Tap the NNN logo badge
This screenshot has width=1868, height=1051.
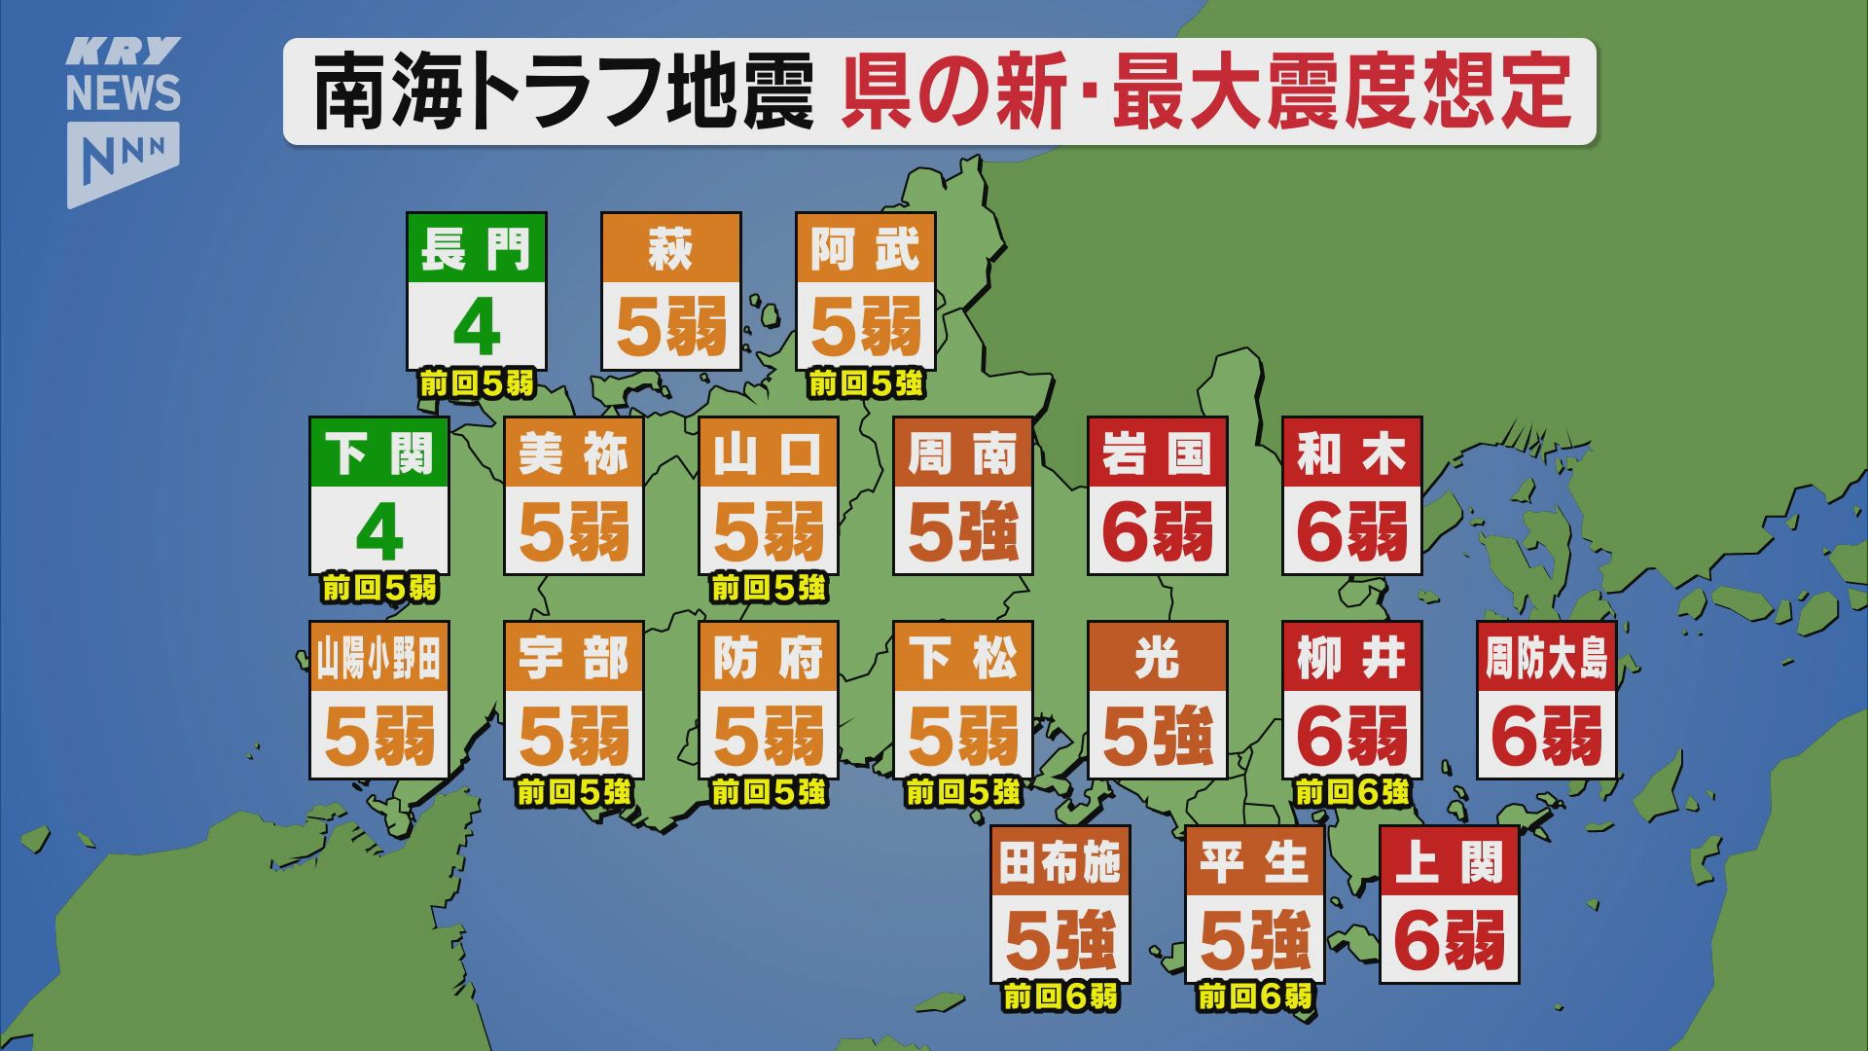pos(124,160)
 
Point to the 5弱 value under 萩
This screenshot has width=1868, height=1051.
pos(671,327)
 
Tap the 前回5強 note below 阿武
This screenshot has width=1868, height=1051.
pos(866,384)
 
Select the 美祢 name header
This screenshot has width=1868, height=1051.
pos(574,453)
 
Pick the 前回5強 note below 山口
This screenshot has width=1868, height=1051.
pos(769,588)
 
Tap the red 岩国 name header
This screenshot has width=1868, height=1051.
pos(1158,453)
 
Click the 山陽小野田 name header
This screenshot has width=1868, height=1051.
pos(379,658)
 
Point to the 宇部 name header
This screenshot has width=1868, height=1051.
pos(574,658)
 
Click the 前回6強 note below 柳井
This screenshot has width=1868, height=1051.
pos(1352,792)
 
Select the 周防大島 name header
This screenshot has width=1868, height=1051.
pos(1547,658)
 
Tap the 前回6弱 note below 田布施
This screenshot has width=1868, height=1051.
pos(1060,997)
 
